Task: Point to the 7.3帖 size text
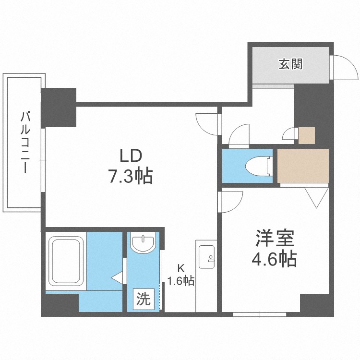[130, 177]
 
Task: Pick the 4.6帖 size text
[274, 259]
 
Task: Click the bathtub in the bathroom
[66, 262]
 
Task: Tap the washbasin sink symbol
[143, 243]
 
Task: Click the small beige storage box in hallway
[307, 135]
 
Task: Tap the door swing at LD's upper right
[208, 124]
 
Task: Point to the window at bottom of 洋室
[260, 315]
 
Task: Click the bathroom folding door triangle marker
[117, 277]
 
